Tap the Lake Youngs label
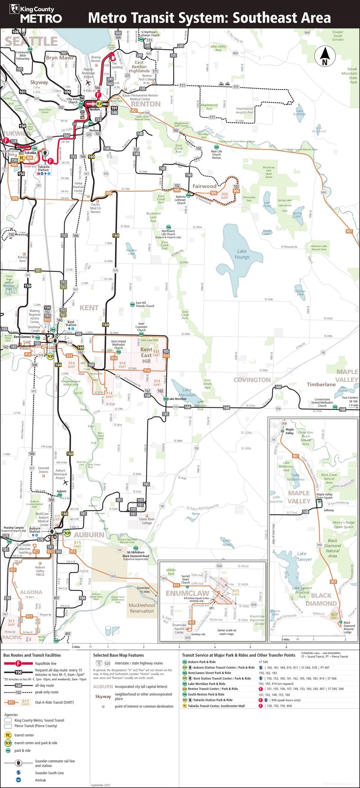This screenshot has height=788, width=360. point(242,254)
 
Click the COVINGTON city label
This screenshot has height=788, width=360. point(252,380)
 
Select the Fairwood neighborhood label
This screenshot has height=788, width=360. point(204,186)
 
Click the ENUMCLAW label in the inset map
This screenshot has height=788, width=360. point(187,594)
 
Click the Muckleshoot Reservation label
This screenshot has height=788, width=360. point(142,608)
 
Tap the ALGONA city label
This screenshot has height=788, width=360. point(31,592)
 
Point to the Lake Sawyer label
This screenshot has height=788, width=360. point(304,557)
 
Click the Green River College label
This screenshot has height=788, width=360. point(147,521)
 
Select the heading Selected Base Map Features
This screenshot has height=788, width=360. point(118,655)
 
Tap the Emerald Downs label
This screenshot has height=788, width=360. point(44,470)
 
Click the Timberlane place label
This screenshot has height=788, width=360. point(321,384)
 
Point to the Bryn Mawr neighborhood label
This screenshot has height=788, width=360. point(60,58)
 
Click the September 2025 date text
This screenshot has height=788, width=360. point(100,785)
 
